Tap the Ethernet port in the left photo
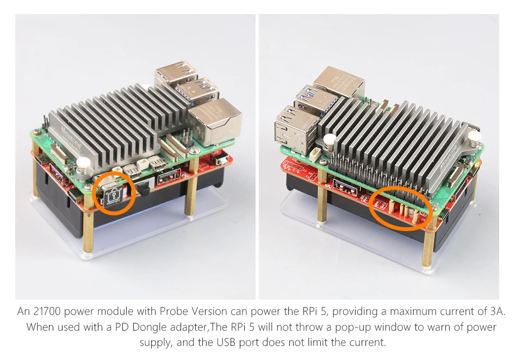pyautogui.click(x=214, y=122)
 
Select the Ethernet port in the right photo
pyautogui.click(x=338, y=82)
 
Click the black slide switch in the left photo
pyautogui.click(x=145, y=189)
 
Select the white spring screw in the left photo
pyautogui.click(x=83, y=166)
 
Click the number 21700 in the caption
pyautogui.click(x=47, y=312)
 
